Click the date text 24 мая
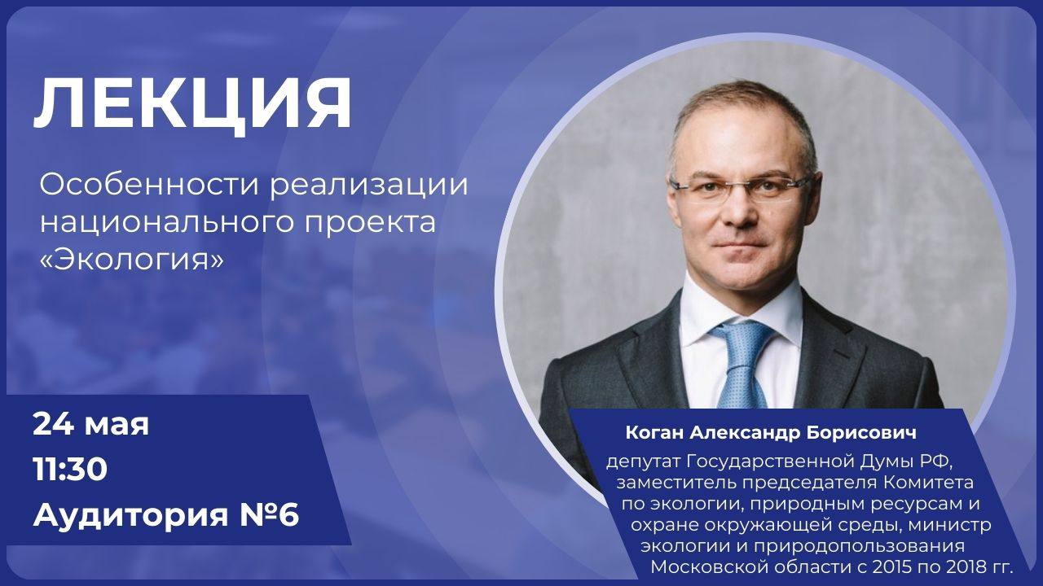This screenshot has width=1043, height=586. coord(90,424)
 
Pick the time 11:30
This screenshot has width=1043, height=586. coord(70,470)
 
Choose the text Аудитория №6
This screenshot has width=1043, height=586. coord(166,515)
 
